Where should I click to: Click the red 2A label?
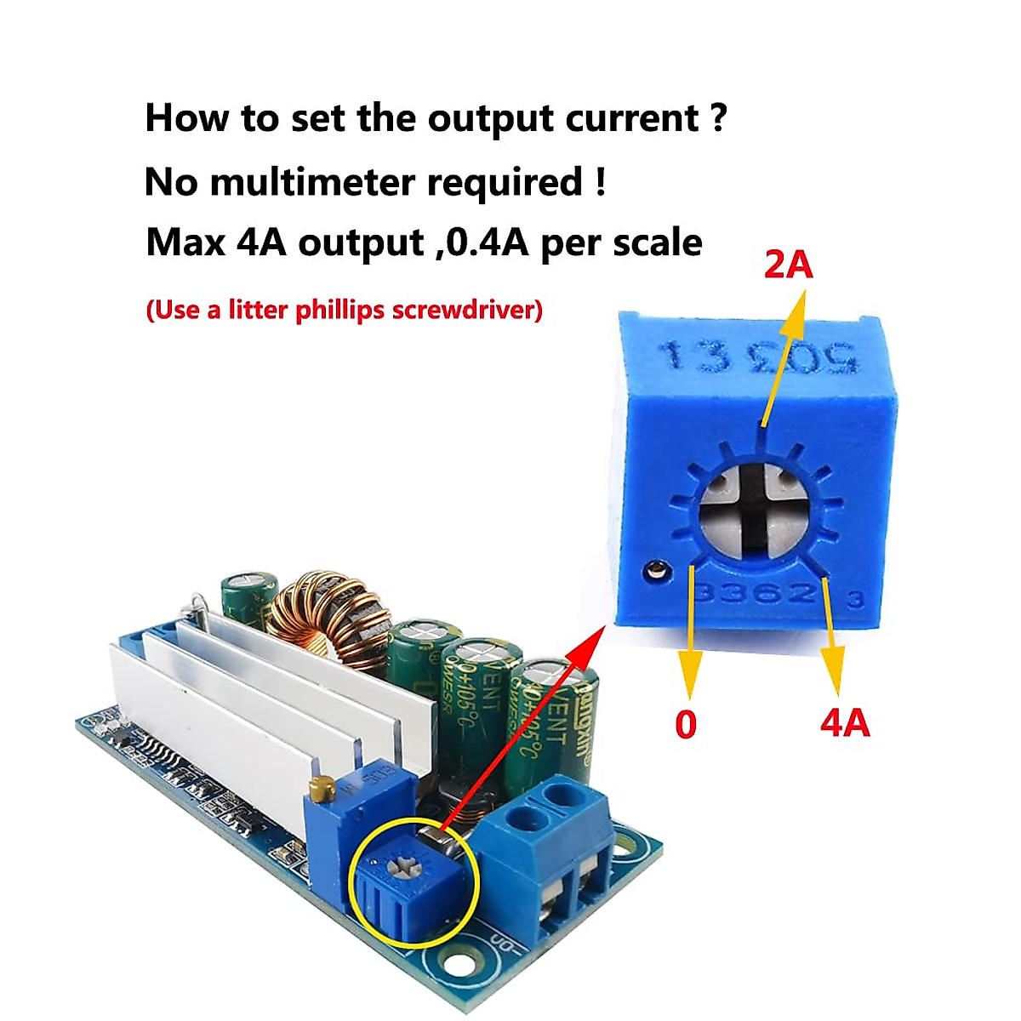click(x=789, y=266)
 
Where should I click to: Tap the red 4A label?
click(x=845, y=724)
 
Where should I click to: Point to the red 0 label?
click(x=686, y=725)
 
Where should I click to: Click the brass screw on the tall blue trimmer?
click(x=321, y=789)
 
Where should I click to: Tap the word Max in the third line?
click(x=185, y=243)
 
